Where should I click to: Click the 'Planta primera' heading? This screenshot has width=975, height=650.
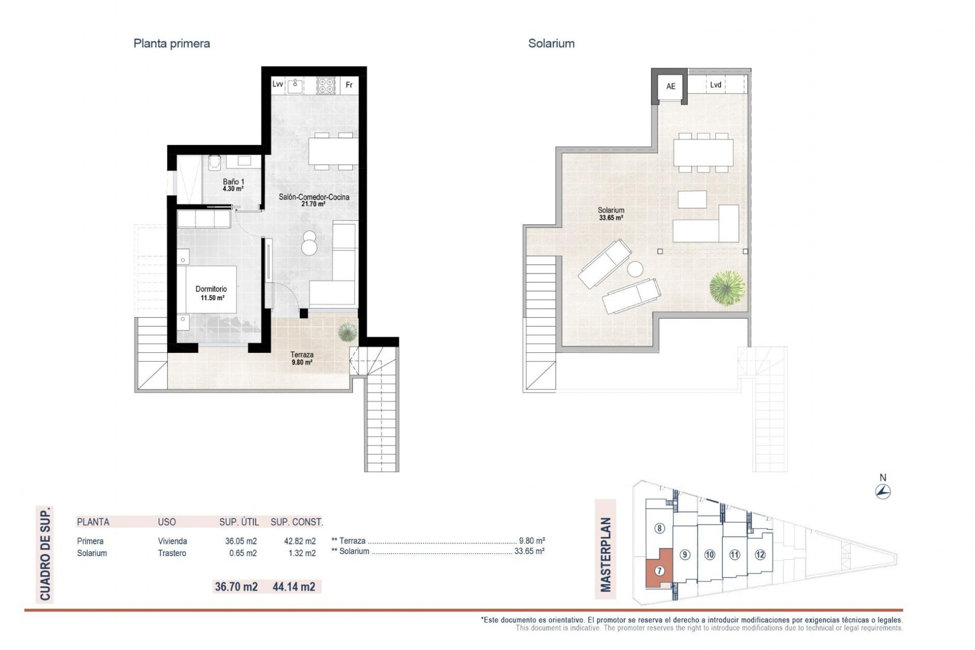pyautogui.click(x=171, y=44)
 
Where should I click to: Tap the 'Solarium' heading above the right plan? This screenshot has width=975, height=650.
pyautogui.click(x=551, y=44)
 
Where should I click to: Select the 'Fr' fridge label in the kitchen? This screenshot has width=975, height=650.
pyautogui.click(x=349, y=85)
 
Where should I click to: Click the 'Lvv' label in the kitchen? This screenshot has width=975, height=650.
pyautogui.click(x=277, y=84)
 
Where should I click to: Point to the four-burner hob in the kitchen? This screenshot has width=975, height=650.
pyautogui.click(x=326, y=85)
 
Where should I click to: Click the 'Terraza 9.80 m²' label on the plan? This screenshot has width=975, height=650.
pyautogui.click(x=302, y=359)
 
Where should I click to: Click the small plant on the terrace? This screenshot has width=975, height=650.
pyautogui.click(x=347, y=331)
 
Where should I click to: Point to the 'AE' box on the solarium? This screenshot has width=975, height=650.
pyautogui.click(x=670, y=87)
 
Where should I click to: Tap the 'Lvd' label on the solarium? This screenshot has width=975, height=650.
pyautogui.click(x=715, y=85)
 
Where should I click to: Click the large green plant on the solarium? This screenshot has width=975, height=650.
pyautogui.click(x=727, y=288)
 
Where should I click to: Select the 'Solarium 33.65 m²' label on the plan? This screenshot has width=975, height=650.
pyautogui.click(x=611, y=214)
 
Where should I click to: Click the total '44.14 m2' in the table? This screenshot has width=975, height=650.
pyautogui.click(x=294, y=587)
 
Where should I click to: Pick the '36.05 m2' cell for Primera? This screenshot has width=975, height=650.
pyautogui.click(x=241, y=541)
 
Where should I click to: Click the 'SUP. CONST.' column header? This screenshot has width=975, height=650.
pyautogui.click(x=297, y=522)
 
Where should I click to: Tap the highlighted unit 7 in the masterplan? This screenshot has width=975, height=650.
pyautogui.click(x=659, y=570)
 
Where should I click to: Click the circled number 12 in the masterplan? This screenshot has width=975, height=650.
pyautogui.click(x=759, y=555)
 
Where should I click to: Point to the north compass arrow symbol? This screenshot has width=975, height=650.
pyautogui.click(x=883, y=491)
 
